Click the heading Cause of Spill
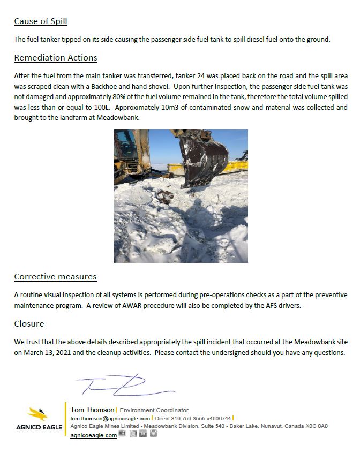click(41, 21)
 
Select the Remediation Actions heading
click(56, 57)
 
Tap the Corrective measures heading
click(55, 277)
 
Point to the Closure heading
click(29, 323)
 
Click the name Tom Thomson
click(92, 410)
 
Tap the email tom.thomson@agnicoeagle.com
click(110, 418)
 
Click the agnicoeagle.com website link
click(94, 435)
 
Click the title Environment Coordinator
click(154, 410)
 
